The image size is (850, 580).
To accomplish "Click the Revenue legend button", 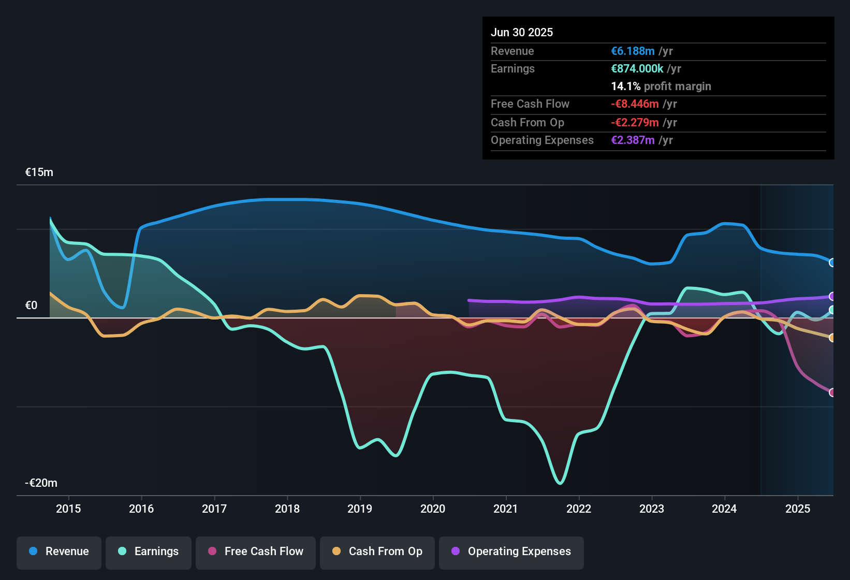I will [59, 552].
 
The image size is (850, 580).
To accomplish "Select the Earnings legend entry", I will [149, 552].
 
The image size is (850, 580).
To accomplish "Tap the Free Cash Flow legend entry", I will [256, 552].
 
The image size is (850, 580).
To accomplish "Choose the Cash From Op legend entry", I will [377, 552].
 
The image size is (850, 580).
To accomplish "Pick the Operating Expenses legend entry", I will [511, 552].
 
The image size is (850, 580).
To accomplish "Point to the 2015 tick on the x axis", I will [68, 509].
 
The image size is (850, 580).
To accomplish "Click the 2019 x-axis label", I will [360, 509].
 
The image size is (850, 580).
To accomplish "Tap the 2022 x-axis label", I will [579, 509].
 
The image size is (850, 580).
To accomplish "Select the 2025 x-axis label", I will [797, 509].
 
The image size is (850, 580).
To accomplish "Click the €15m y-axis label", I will [39, 172].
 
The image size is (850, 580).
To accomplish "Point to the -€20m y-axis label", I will [41, 483].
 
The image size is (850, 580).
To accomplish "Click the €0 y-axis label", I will [32, 306].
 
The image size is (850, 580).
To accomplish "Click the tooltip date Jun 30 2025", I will [522, 33].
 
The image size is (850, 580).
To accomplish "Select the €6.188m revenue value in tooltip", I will [633, 51].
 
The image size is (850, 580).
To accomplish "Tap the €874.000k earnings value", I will [637, 69].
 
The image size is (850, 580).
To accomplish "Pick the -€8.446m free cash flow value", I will [635, 104].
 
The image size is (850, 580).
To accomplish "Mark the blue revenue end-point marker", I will [832, 263].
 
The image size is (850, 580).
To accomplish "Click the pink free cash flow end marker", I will [832, 393].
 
